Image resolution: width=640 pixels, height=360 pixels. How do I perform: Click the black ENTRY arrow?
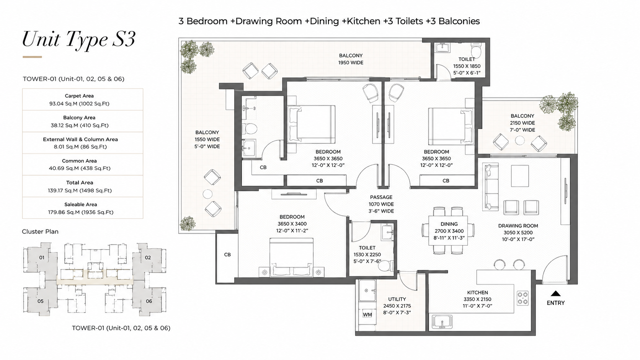(555, 293)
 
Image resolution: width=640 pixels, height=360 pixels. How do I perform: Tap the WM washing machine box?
(367, 315)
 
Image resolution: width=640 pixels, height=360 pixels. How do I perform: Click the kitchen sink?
(442, 321)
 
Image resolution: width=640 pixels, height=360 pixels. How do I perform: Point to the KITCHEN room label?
(477, 292)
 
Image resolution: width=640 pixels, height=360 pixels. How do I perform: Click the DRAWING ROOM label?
(518, 226)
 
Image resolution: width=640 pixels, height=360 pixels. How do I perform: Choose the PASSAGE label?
(381, 197)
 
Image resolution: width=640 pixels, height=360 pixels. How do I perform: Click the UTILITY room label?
(397, 299)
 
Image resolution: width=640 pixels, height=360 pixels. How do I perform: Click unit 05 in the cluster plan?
(40, 301)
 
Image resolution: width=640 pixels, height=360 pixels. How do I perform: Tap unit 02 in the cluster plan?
(148, 257)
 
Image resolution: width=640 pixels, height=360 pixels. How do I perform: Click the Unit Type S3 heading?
(78, 39)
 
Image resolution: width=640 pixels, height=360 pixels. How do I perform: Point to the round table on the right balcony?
(520, 140)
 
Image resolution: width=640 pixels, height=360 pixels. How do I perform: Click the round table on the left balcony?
(207, 194)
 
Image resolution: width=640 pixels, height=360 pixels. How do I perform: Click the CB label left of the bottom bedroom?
(227, 254)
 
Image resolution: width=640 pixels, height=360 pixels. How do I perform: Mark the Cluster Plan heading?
(40, 231)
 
